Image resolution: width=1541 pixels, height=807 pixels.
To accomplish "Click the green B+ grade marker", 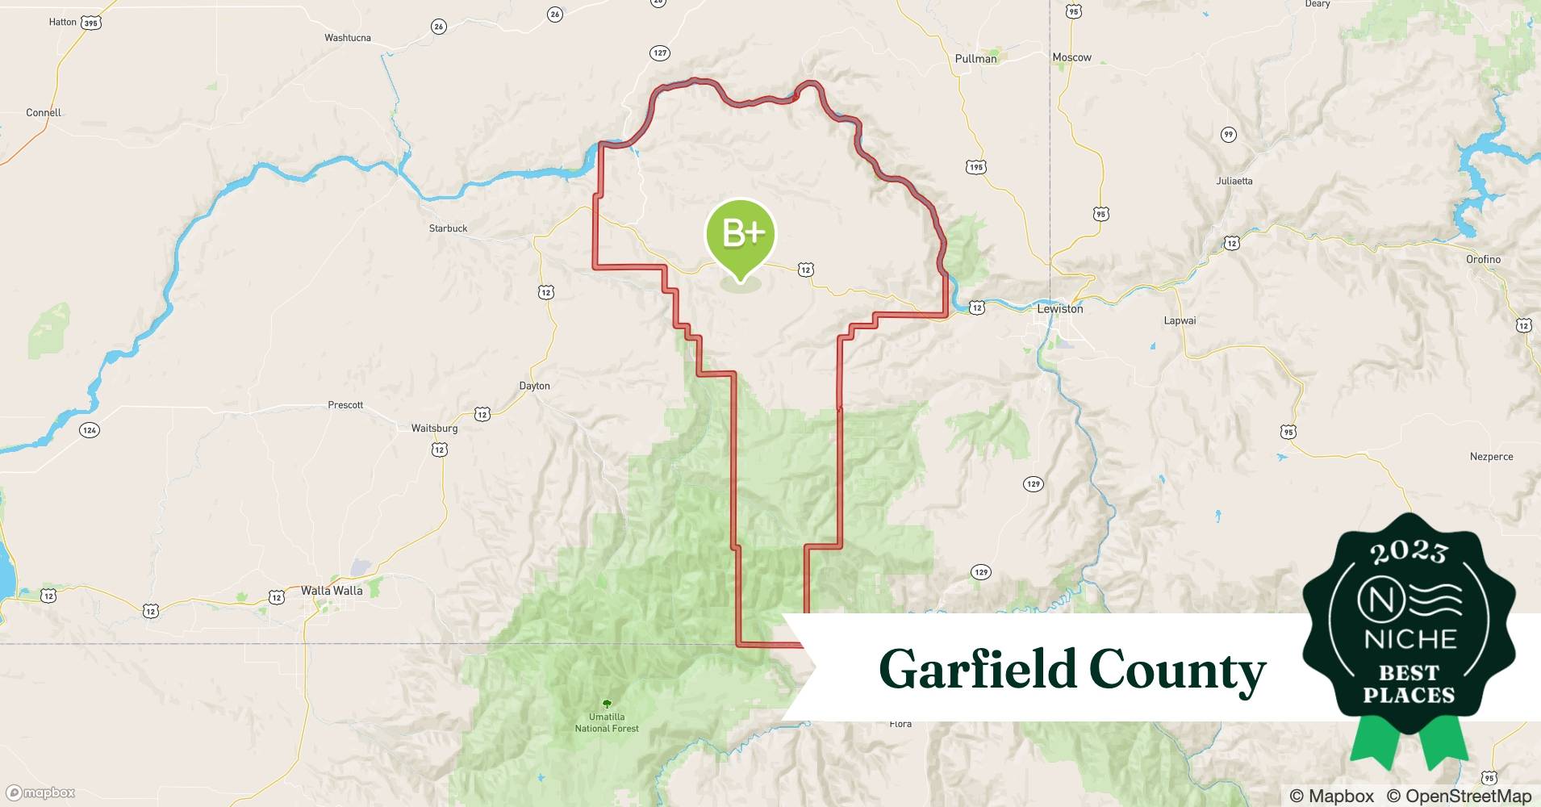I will click(x=740, y=234).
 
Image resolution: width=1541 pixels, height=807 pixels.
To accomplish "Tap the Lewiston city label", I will click(x=1059, y=309).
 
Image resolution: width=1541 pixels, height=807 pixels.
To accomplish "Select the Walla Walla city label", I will click(x=332, y=591).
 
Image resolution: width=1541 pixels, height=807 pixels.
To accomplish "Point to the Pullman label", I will click(x=975, y=59).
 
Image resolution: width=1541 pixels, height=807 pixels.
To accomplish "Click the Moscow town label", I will click(x=1071, y=57).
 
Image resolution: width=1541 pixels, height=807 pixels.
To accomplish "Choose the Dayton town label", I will click(x=534, y=386).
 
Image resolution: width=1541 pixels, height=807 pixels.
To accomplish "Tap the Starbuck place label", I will click(x=448, y=228).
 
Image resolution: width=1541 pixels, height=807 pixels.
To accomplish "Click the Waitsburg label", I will click(x=434, y=429).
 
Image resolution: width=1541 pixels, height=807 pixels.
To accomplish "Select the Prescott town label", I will click(x=345, y=405).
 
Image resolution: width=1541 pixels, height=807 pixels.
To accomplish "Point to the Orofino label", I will click(x=1483, y=259).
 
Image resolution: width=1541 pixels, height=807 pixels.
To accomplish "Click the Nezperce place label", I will click(x=1491, y=457).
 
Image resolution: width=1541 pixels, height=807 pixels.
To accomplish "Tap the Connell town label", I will click(x=44, y=113).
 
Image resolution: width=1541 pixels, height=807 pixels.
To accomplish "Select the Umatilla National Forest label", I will click(x=607, y=722).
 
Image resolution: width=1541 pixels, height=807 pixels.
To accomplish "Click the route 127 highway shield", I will click(x=660, y=53).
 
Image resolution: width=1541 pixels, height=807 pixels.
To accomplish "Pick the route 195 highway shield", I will click(x=976, y=167).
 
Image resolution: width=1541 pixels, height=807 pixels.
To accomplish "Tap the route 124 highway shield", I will click(x=90, y=430).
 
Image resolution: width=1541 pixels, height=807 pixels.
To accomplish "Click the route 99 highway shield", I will click(x=1228, y=134).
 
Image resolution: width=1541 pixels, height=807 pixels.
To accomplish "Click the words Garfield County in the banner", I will click(x=1072, y=669).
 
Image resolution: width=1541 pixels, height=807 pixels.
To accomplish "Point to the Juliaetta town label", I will click(x=1234, y=181).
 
